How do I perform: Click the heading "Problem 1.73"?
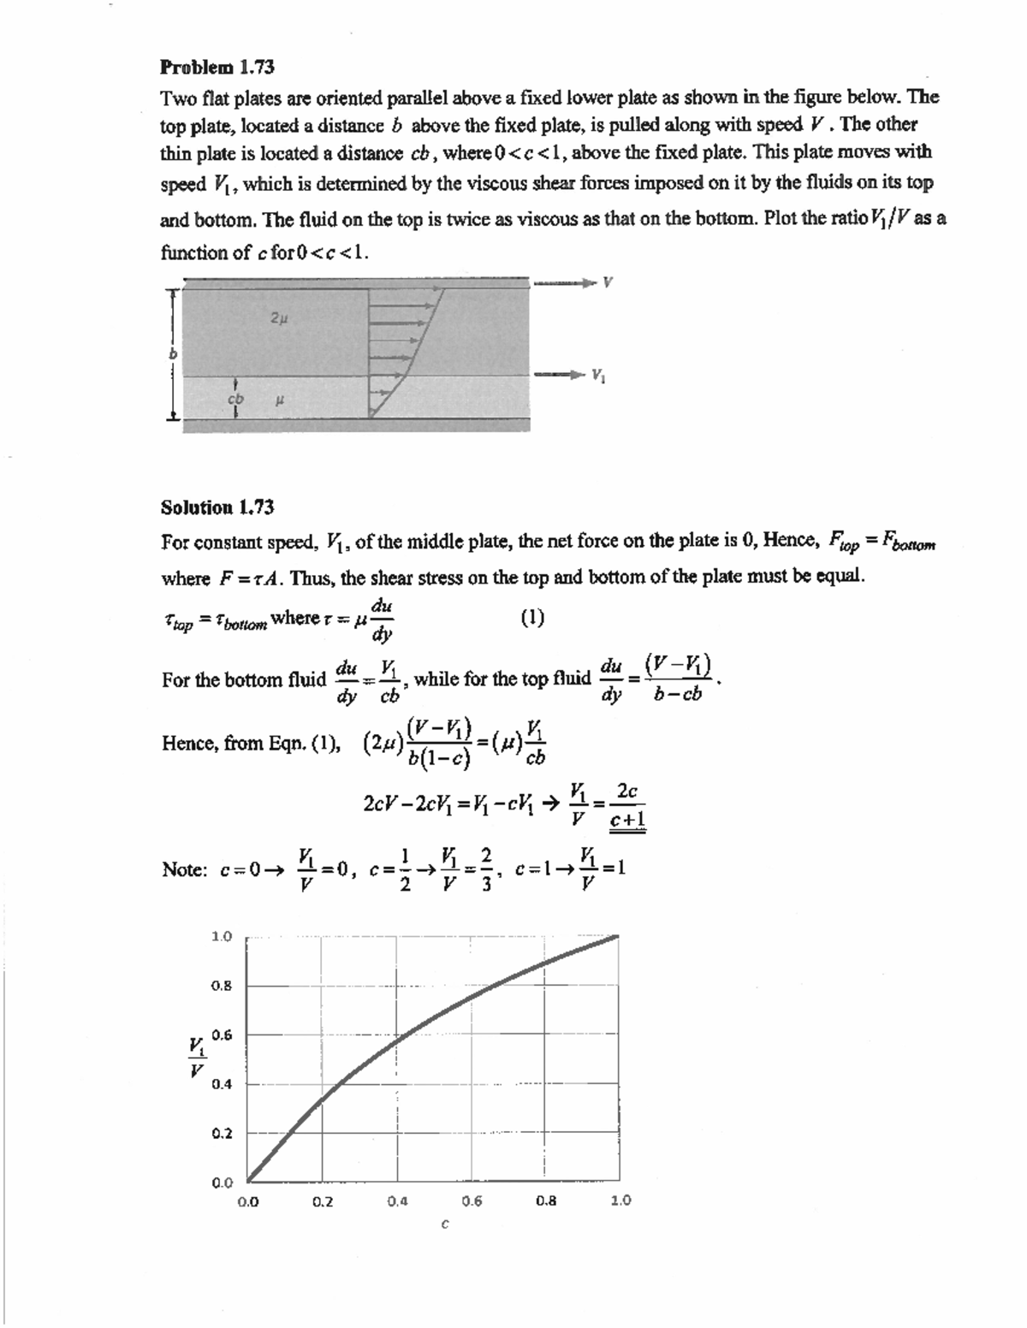click(x=217, y=66)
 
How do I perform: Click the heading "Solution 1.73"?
click(x=217, y=507)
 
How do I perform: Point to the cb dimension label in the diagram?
click(x=234, y=399)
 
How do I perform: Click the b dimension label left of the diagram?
click(x=171, y=353)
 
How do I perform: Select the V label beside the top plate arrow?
click(x=608, y=282)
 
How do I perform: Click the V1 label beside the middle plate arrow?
click(x=600, y=375)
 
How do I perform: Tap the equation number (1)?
click(x=531, y=618)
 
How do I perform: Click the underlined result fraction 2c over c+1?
click(x=627, y=806)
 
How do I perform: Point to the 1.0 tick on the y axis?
click(x=222, y=936)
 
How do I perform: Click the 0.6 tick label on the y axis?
click(x=222, y=1035)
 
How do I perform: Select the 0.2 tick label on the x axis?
click(x=323, y=1201)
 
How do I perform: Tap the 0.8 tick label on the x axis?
click(x=546, y=1201)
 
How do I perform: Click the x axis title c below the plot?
click(x=444, y=1224)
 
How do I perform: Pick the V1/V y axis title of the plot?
click(x=197, y=1057)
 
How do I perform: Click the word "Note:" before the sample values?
click(x=184, y=869)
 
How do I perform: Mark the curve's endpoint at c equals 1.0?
click(x=618, y=937)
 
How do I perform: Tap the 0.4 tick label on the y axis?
click(x=222, y=1084)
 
